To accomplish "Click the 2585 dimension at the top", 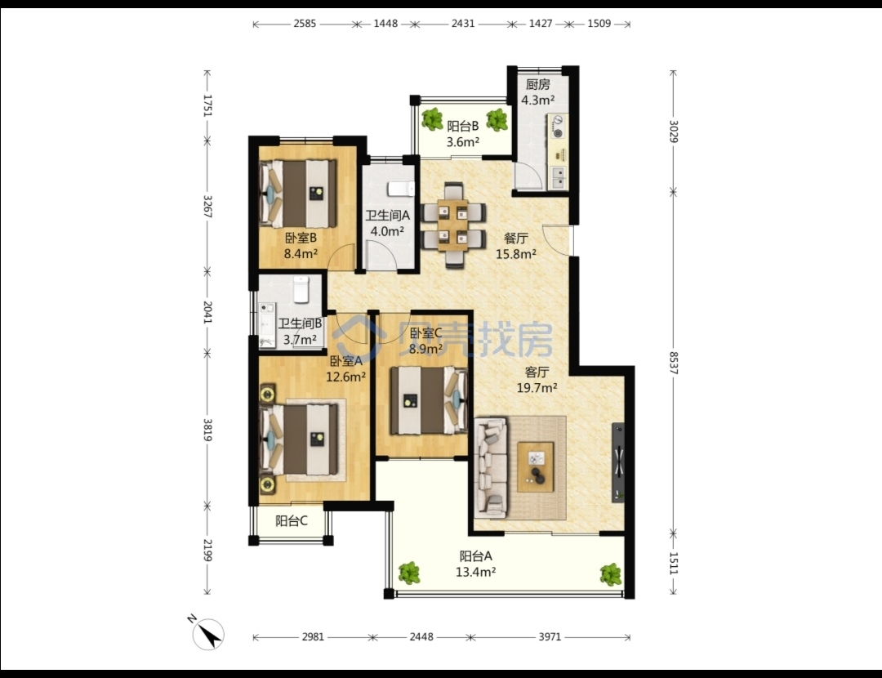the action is tap(305, 24).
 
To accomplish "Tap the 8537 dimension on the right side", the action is tap(673, 363).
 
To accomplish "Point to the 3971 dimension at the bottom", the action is tap(550, 637).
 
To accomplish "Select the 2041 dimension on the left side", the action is tap(207, 312).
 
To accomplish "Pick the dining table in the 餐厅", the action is tap(453, 225).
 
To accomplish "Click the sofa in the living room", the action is tap(491, 466).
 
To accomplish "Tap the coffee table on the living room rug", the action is tap(536, 467).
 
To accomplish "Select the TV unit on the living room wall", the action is tap(617, 462).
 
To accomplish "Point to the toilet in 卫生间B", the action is tap(301, 288).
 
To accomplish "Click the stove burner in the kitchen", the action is tap(559, 127).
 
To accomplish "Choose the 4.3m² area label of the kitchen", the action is tap(537, 100).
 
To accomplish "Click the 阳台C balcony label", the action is tap(292, 521).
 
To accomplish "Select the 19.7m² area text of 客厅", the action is tap(537, 387).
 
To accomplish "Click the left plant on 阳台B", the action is tap(433, 119).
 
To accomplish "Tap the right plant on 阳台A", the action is tap(610, 574).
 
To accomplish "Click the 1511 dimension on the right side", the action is tap(673, 563).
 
